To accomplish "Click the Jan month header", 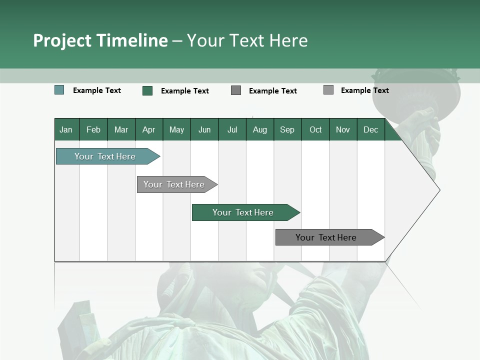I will click(x=66, y=129).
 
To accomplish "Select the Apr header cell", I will click(x=148, y=129).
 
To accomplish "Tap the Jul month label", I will click(x=232, y=129).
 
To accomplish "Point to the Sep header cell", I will click(x=287, y=129).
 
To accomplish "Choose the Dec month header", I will click(x=370, y=129).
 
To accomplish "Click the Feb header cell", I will click(x=93, y=129).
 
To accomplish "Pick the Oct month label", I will click(x=315, y=129).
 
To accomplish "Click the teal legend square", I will click(x=59, y=90).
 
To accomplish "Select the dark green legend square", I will click(x=147, y=90).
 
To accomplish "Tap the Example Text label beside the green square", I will click(x=184, y=91).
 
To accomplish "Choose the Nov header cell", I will click(x=343, y=129).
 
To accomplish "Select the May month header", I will click(x=176, y=129).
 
